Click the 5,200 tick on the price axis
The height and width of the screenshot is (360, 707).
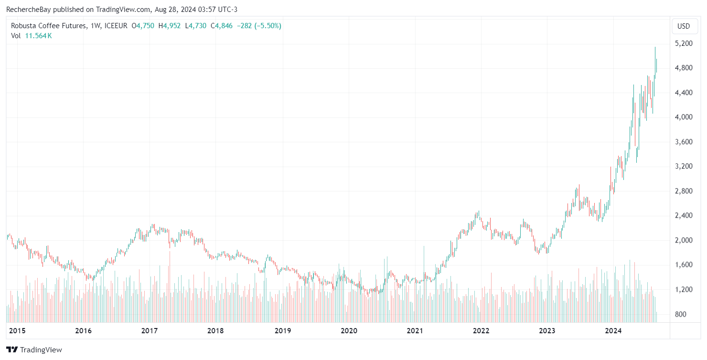pos(685,43)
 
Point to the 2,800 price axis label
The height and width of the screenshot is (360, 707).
pos(685,191)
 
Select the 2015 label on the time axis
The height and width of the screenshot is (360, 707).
pos(17,330)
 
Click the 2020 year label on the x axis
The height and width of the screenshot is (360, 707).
pos(349,330)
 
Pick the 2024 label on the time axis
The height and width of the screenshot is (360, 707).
pos(613,330)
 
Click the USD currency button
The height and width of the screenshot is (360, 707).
pos(684,26)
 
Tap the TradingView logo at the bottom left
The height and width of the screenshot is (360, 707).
pos(34,349)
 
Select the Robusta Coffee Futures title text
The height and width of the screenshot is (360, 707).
pos(49,26)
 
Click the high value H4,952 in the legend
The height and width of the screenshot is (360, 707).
pos(170,26)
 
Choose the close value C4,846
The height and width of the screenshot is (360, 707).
pos(222,26)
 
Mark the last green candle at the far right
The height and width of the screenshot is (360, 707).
pos(656,66)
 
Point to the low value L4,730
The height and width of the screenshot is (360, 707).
pos(195,26)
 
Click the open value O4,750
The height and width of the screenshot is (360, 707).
pos(143,26)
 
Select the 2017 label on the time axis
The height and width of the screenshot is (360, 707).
pos(150,330)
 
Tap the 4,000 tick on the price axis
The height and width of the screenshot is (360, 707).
pos(685,117)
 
